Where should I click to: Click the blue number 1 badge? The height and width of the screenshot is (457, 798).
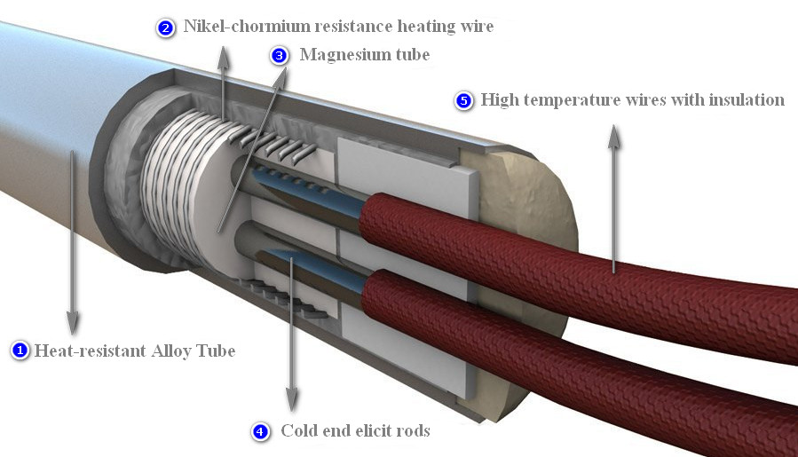[20, 351]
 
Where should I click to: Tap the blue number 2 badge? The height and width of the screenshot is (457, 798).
[166, 28]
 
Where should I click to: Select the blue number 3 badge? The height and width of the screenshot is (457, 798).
[280, 56]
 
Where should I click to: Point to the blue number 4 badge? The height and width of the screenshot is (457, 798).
[260, 431]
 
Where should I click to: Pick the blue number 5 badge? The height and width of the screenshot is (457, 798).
[463, 100]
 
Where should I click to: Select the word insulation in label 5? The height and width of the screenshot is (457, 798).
[747, 99]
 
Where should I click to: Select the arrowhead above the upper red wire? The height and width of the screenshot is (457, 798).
[612, 132]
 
